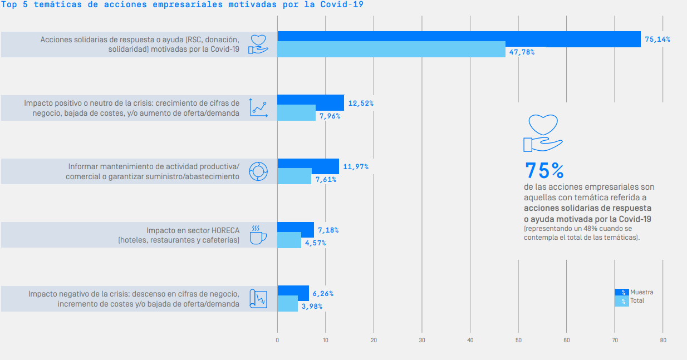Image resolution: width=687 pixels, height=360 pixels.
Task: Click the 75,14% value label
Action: click(x=657, y=40)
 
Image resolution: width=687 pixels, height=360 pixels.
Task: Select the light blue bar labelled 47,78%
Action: click(x=391, y=49)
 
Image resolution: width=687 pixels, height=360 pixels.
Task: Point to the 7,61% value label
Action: click(x=327, y=180)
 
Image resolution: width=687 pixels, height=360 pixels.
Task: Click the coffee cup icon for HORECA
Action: click(x=258, y=235)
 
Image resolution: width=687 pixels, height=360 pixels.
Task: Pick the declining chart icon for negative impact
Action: click(x=258, y=299)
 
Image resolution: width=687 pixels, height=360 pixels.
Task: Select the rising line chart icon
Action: click(x=258, y=107)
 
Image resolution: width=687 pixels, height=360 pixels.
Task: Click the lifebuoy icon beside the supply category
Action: click(x=258, y=171)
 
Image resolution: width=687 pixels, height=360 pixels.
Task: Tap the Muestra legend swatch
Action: click(x=621, y=292)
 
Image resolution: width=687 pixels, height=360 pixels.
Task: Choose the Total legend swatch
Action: click(x=621, y=301)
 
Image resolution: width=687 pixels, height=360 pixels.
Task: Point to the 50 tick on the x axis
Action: click(x=518, y=340)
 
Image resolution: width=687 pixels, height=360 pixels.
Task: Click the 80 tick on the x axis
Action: click(x=663, y=340)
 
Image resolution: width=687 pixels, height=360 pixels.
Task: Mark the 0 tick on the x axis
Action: click(x=277, y=340)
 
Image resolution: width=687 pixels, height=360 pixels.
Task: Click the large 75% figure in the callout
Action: click(x=544, y=170)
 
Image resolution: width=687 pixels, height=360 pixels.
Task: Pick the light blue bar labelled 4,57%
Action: click(x=289, y=240)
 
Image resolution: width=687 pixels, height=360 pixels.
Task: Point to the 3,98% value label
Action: click(x=312, y=307)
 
